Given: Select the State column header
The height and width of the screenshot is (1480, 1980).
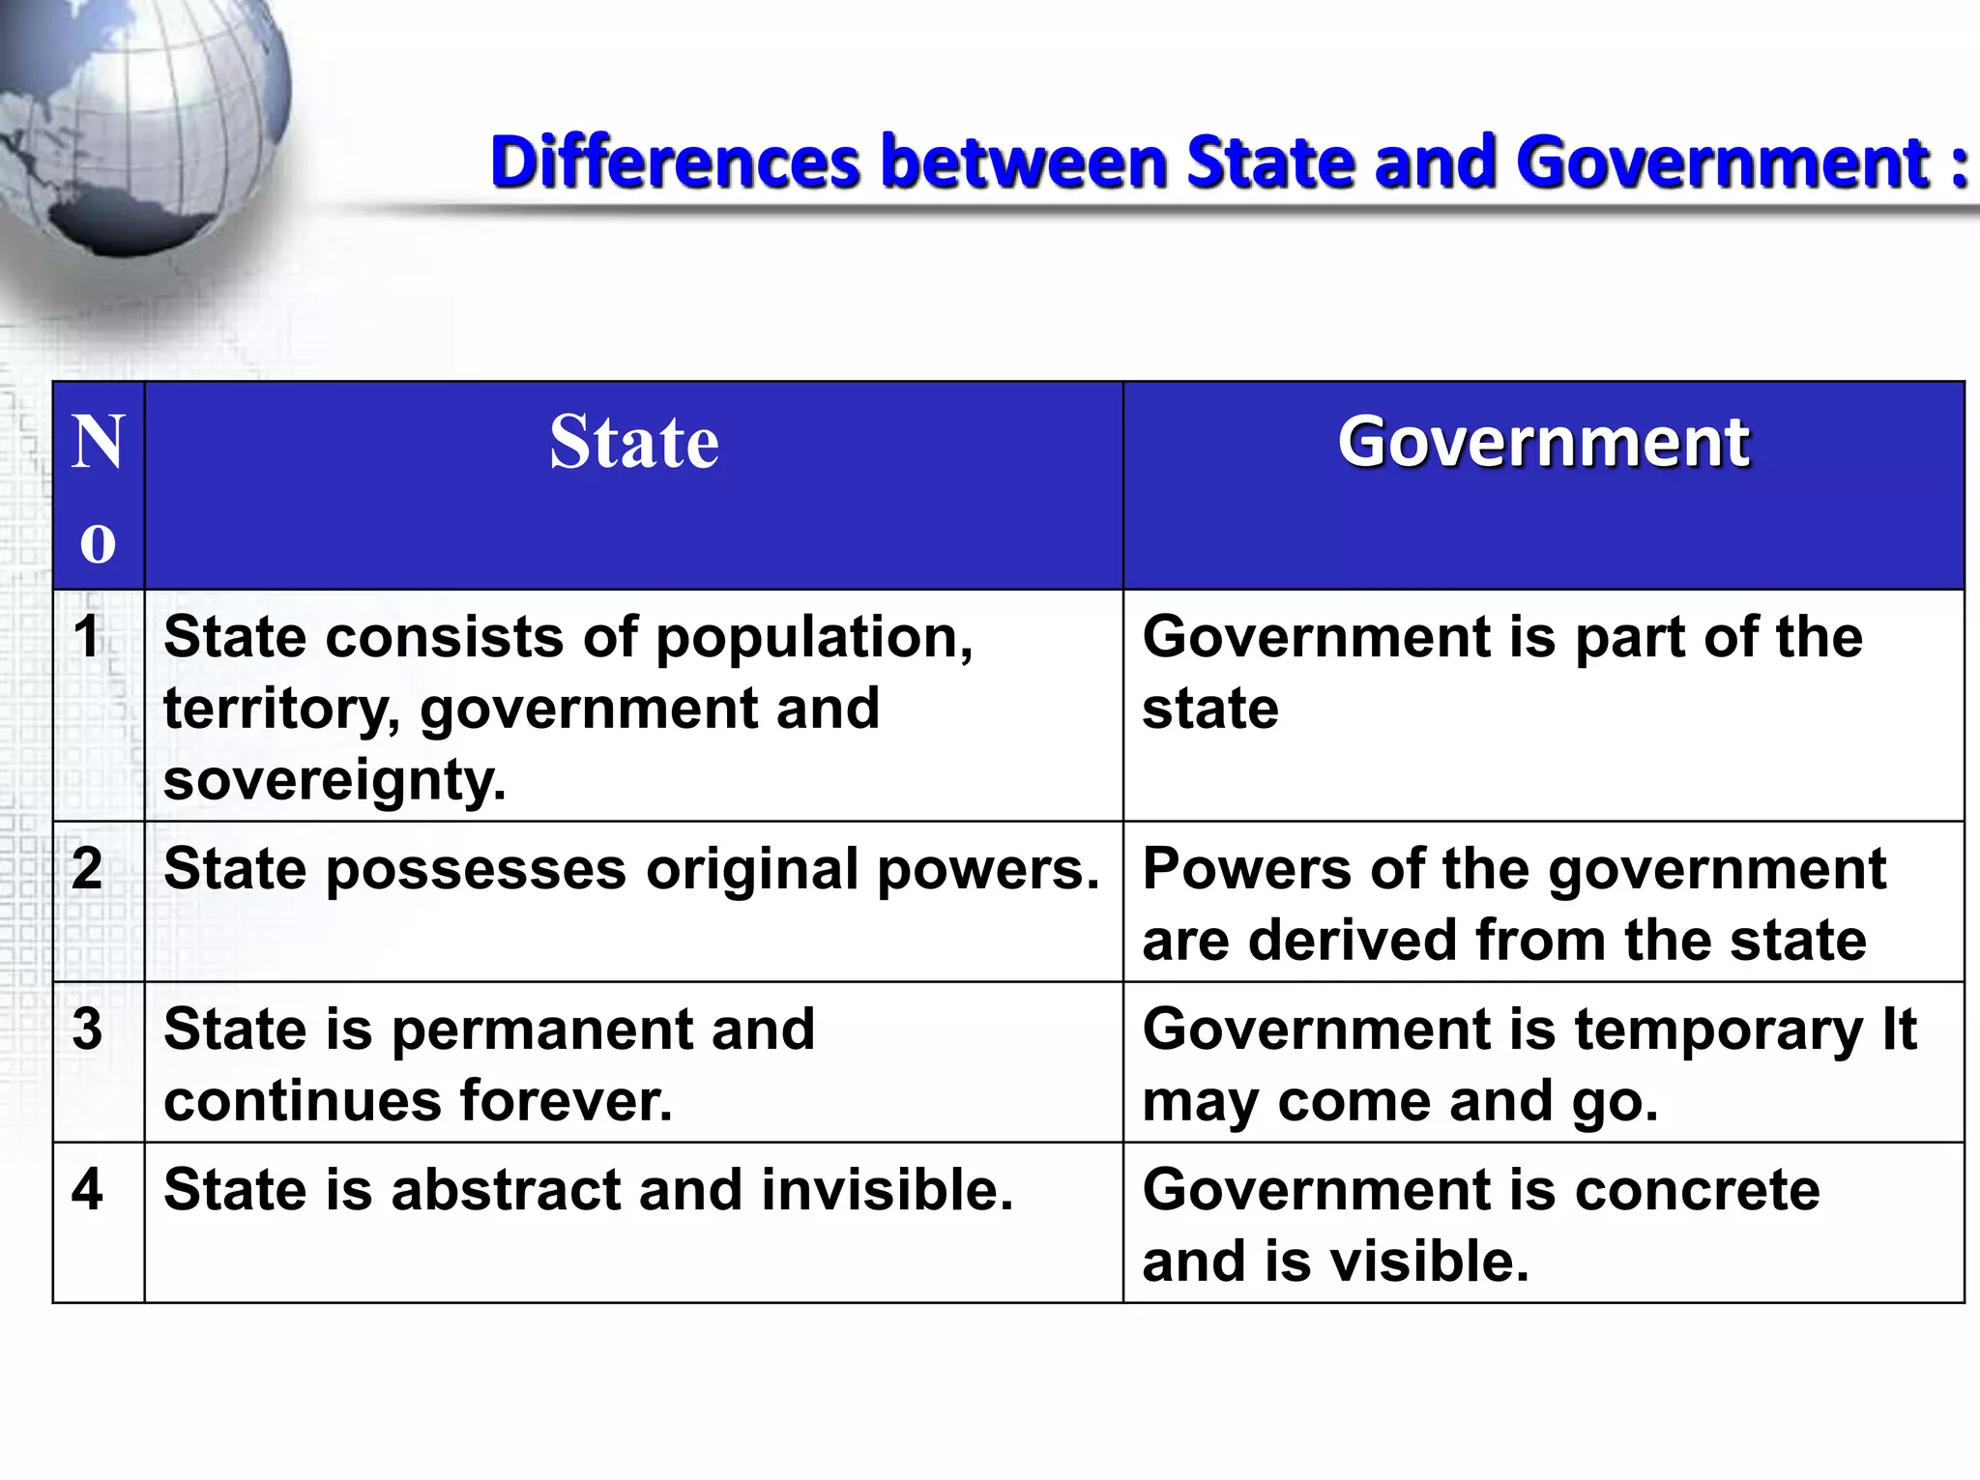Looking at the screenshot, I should [x=634, y=443].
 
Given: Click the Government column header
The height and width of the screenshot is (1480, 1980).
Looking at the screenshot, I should [x=1543, y=443].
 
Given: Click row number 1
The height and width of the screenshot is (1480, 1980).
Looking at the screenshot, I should [x=87, y=638].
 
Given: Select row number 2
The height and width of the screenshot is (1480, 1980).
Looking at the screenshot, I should [x=87, y=868].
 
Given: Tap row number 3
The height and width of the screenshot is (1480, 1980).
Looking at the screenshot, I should [x=87, y=1029].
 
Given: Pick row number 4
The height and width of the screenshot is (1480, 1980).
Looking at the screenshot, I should [x=87, y=1189].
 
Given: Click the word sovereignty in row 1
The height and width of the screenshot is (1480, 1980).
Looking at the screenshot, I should [x=335, y=781].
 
